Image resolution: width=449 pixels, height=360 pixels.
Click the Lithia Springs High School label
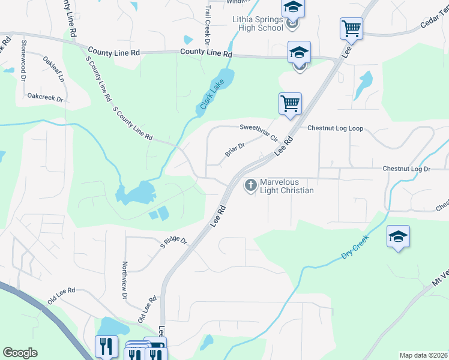pos(258,23)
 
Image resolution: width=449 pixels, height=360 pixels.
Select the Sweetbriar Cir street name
pos(259,131)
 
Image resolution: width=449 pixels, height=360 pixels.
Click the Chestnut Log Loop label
pos(336,128)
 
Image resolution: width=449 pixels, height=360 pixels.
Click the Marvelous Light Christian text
pos(287,186)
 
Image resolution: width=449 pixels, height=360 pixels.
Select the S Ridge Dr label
pos(173,242)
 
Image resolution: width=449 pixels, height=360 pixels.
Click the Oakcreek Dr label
pos(46,96)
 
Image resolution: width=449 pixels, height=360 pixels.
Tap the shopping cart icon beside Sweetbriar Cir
pos(291,103)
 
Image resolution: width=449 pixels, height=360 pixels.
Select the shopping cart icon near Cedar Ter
pos(351,28)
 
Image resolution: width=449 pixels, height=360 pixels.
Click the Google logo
pos(20,353)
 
